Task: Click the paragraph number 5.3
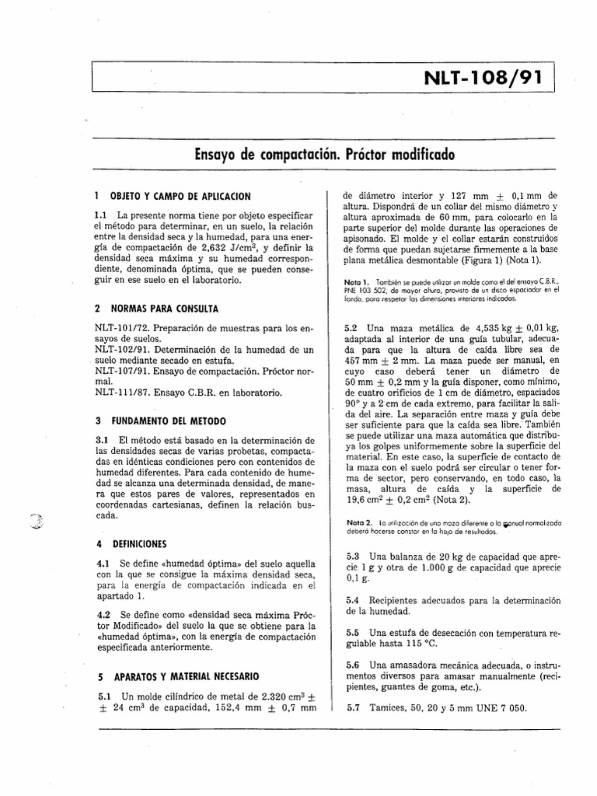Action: click(351, 556)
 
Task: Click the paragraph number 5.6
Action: click(351, 665)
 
